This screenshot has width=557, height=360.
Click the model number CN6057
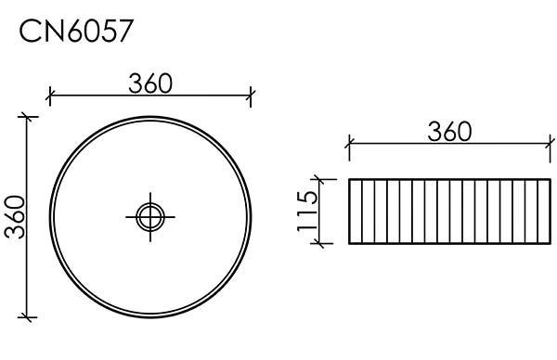click(x=76, y=32)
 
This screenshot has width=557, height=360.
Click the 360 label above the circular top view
click(x=150, y=84)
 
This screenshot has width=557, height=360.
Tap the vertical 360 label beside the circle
click(x=15, y=217)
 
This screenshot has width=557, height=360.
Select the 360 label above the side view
click(x=449, y=132)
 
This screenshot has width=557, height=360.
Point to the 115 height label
click(x=307, y=211)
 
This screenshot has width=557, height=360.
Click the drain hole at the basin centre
click(x=150, y=216)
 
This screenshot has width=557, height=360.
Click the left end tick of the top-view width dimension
click(x=50, y=96)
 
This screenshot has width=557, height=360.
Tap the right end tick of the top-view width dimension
click(x=251, y=96)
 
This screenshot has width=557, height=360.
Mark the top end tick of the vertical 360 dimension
click(x=27, y=117)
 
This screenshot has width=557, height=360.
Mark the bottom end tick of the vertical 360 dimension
click(x=27, y=317)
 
